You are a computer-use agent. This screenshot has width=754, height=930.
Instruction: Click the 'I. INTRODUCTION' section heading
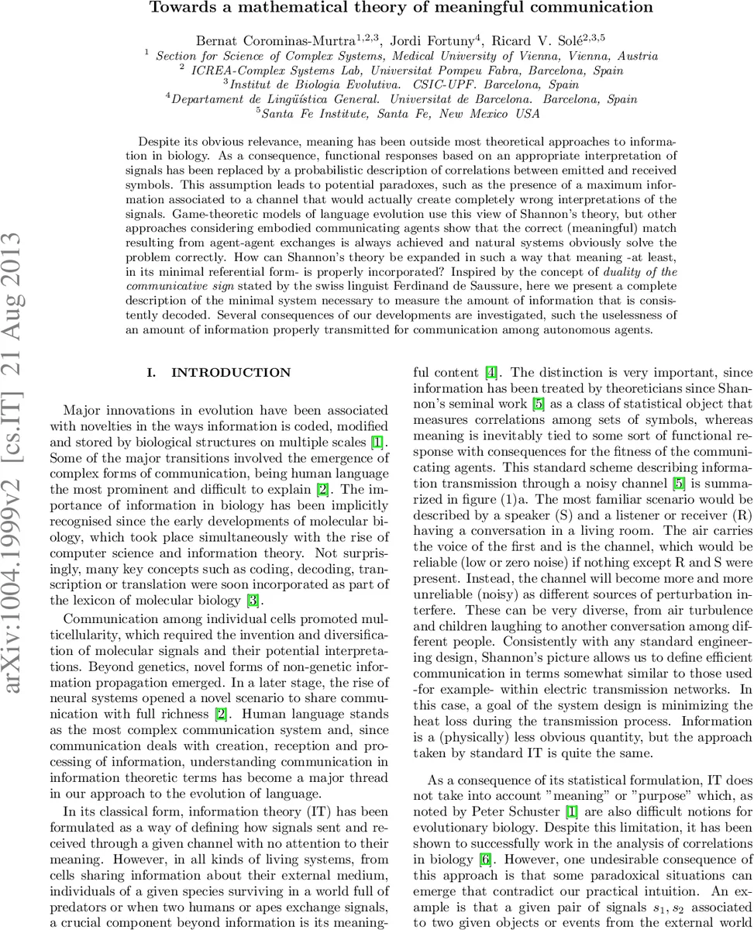[x=219, y=373]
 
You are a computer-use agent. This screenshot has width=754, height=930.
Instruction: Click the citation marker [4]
[x=491, y=373]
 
